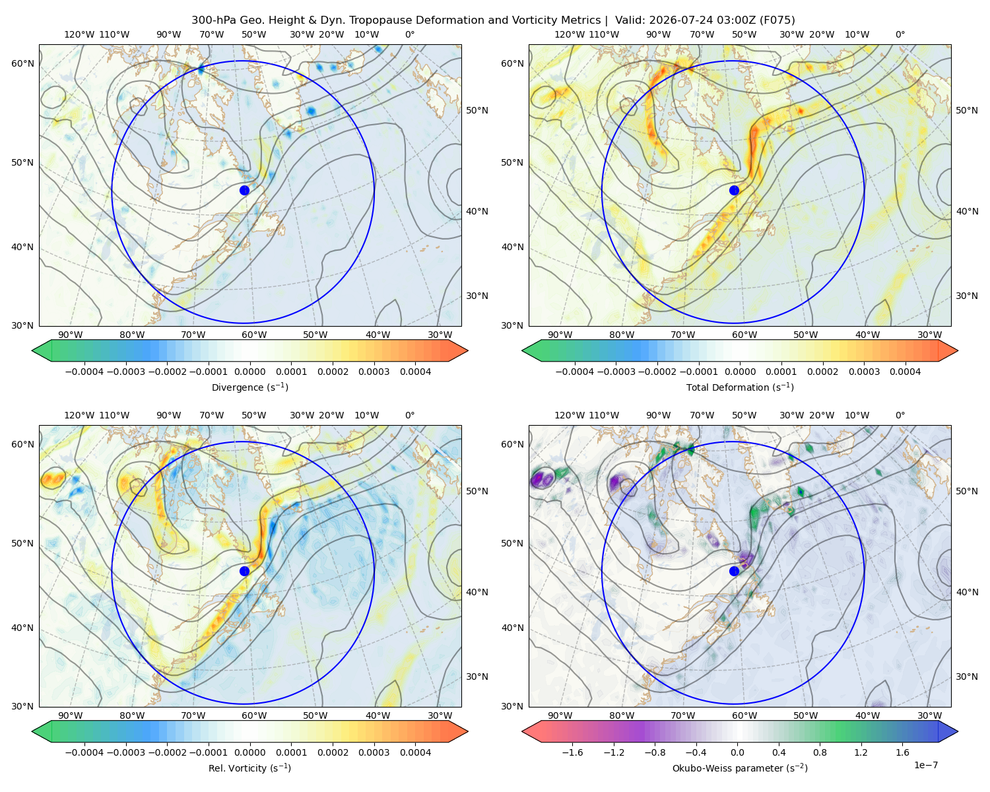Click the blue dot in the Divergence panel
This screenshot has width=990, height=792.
pyautogui.click(x=244, y=190)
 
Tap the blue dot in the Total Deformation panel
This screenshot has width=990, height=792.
pyautogui.click(x=734, y=190)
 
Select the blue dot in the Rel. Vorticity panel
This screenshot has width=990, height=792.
pyautogui.click(x=244, y=571)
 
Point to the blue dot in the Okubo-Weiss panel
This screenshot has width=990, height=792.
pyautogui.click(x=734, y=571)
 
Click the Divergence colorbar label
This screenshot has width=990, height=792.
pyautogui.click(x=249, y=387)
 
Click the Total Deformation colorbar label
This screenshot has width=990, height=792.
pyautogui.click(x=740, y=387)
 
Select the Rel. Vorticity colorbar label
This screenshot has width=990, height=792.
pyautogui.click(x=249, y=768)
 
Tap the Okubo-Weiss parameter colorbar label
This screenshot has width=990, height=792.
pyautogui.click(x=740, y=768)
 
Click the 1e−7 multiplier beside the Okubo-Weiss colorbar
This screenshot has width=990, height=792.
pyautogui.click(x=925, y=765)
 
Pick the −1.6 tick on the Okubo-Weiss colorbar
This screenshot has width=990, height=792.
pyautogui.click(x=572, y=752)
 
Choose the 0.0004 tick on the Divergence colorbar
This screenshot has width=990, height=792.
pyautogui.click(x=415, y=372)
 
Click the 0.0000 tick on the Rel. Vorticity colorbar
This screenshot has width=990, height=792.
pyautogui.click(x=249, y=752)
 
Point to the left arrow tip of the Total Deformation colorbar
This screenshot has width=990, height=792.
pyautogui.click(x=522, y=350)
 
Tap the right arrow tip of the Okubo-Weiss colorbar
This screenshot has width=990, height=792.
pyautogui.click(x=958, y=731)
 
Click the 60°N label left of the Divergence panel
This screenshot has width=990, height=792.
pyautogui.click(x=22, y=63)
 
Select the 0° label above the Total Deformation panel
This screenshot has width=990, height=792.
pyautogui.click(x=900, y=34)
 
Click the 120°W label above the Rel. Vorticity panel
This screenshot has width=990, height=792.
pyautogui.click(x=79, y=414)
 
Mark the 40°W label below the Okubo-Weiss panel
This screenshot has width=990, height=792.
pyautogui.click(x=867, y=715)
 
